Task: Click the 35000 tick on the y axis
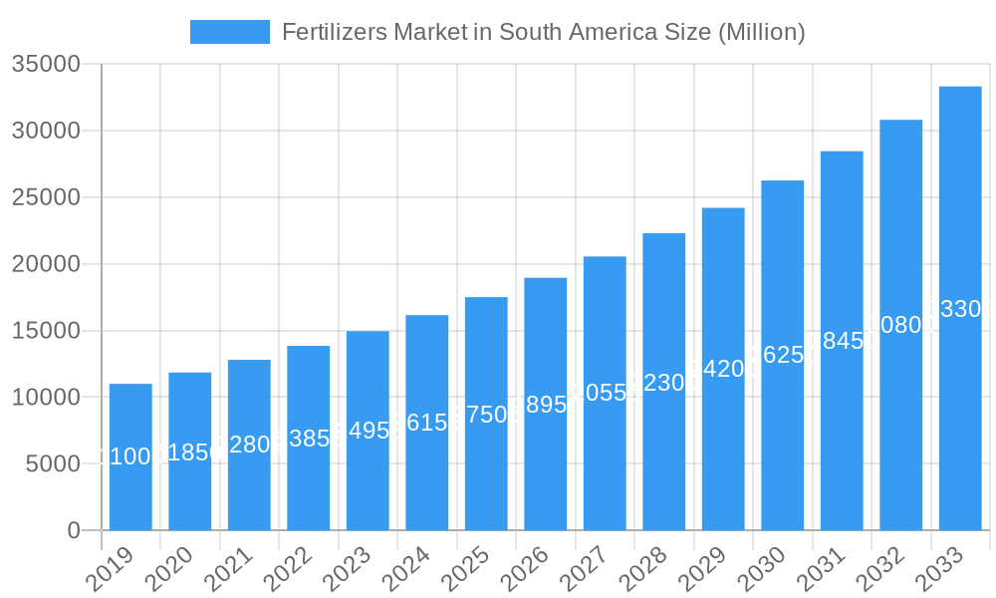46,65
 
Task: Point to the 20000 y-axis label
46,264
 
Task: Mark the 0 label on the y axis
74,530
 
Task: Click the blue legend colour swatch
230,32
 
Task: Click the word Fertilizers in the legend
325,32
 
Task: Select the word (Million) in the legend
761,32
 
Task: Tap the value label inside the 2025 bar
486,415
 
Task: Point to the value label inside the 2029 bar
723,369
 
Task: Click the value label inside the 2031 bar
842,341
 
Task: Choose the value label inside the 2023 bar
368,432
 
